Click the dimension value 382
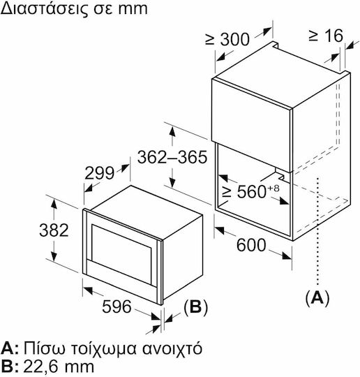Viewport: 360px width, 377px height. click(x=54, y=230)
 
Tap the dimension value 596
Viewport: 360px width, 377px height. click(x=117, y=306)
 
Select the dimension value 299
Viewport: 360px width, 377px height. click(x=99, y=172)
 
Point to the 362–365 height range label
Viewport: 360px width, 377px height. click(x=172, y=157)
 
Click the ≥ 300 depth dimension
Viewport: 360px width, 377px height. click(x=227, y=39)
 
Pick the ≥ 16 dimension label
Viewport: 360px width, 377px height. click(x=326, y=36)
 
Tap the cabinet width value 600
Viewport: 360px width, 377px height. click(x=251, y=245)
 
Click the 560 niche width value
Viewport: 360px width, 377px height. click(x=252, y=191)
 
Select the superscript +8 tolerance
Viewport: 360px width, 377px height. click(x=273, y=188)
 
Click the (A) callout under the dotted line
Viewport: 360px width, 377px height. click(x=317, y=298)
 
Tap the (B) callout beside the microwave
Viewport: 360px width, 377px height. click(x=195, y=307)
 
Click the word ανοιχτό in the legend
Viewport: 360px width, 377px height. click(x=172, y=349)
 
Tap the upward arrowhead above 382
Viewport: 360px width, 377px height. click(x=54, y=204)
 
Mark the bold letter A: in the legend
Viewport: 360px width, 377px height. click(x=10, y=348)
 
